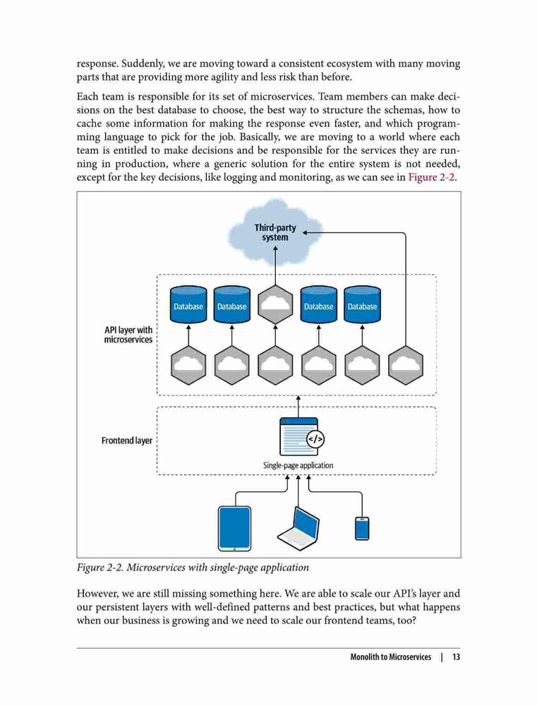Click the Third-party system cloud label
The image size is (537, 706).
[x=275, y=232]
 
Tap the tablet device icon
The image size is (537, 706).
[x=234, y=529]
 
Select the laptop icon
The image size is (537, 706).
[x=298, y=529]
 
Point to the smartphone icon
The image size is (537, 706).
[x=362, y=529]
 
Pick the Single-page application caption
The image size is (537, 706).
[x=298, y=465]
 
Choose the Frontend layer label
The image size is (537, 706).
[x=127, y=441]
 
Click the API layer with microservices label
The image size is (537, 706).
[x=128, y=335]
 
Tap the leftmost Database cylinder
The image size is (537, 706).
[x=188, y=304]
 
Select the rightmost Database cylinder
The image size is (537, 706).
[x=362, y=304]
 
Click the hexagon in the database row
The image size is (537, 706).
[x=275, y=304]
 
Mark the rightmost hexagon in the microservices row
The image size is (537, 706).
[x=406, y=365]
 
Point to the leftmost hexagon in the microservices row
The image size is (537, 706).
[x=188, y=365]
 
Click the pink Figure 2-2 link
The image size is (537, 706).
[x=431, y=177]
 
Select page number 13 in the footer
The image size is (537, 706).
[x=456, y=657]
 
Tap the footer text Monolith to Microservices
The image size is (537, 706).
[x=391, y=657]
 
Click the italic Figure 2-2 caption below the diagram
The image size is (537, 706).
[x=193, y=568]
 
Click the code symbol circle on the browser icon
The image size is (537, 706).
[x=315, y=438]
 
